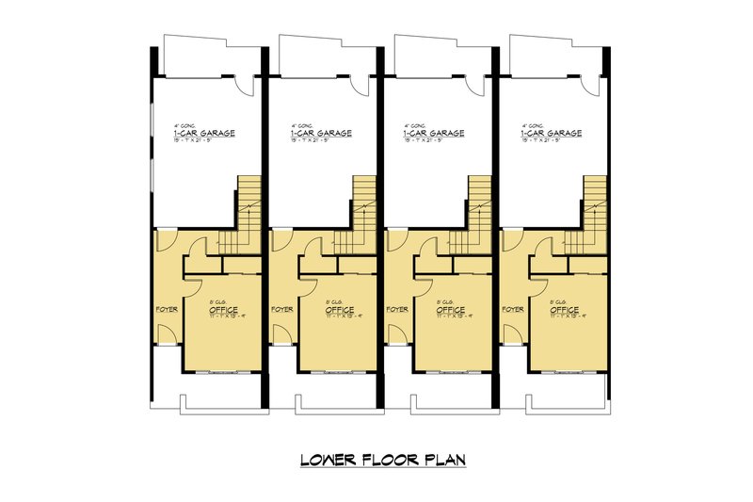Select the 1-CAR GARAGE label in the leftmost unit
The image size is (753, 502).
204,134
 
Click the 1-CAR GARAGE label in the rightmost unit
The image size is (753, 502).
552,134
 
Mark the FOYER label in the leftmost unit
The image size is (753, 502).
167,308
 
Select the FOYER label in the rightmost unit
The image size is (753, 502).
513,308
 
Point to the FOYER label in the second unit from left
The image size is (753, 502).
282,308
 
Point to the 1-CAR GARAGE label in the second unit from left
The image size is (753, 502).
321,134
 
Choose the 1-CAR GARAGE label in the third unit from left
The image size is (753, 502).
436,134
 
